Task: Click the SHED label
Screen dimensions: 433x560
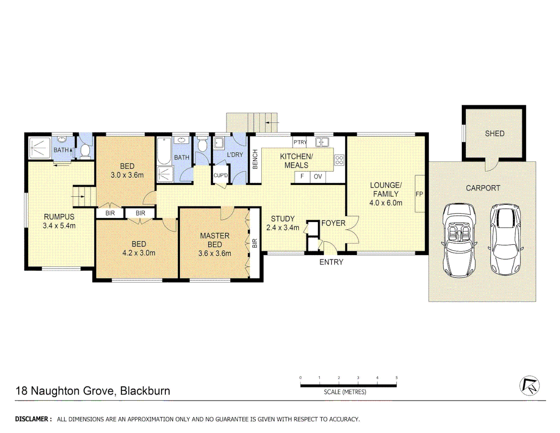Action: coord(494,134)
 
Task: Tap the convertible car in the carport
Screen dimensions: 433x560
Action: coord(459,241)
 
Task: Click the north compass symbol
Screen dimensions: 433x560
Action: coord(529,386)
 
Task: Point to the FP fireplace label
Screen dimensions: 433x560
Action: coord(419,194)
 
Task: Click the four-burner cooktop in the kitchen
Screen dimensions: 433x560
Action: coord(339,160)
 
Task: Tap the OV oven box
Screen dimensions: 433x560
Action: coord(318,176)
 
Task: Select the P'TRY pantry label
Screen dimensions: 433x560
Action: coord(300,142)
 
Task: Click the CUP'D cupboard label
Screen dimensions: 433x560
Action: coord(220,176)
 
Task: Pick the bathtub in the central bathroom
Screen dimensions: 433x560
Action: coord(164,152)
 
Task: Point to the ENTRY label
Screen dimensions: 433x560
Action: coord(331,262)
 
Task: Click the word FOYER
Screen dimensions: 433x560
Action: coord(333,223)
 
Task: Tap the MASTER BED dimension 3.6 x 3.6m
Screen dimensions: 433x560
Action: coord(215,253)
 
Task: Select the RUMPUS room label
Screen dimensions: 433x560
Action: coord(59,217)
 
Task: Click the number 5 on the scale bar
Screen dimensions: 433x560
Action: coord(397,378)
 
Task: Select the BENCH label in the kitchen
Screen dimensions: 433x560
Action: coord(255,159)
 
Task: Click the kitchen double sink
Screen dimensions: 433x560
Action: coord(322,142)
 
